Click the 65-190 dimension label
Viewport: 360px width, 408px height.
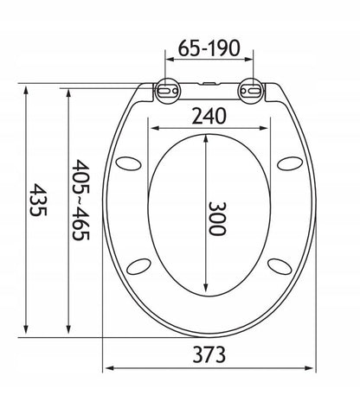[209, 48]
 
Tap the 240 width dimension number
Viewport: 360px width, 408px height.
[209, 116]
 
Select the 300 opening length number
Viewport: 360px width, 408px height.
[217, 219]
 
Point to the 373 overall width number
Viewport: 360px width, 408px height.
[209, 354]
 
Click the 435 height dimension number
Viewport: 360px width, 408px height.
[38, 200]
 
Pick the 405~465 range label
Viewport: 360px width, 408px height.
[80, 200]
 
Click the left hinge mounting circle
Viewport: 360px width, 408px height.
[168, 91]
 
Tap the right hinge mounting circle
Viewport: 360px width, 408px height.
[251, 91]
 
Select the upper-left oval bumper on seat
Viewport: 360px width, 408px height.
[128, 163]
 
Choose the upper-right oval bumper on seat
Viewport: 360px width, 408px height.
[290, 163]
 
